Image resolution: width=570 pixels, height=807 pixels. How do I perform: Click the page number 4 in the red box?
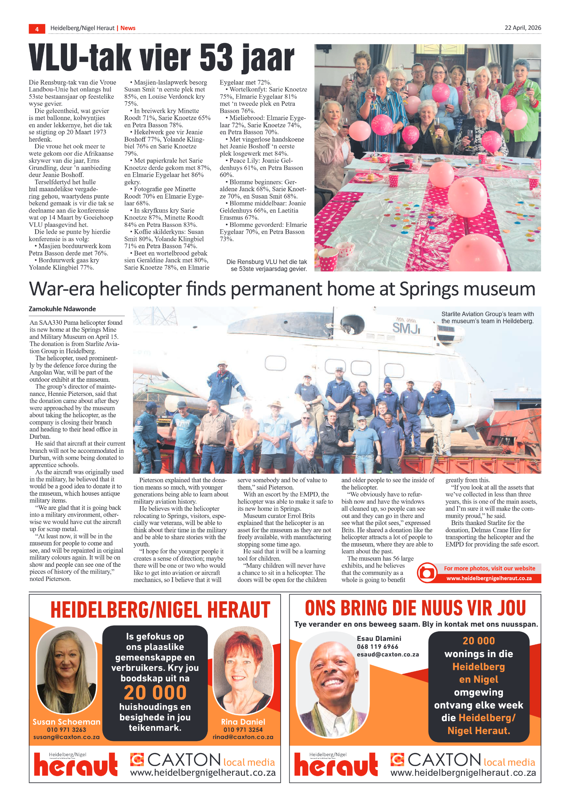(x=37, y=29)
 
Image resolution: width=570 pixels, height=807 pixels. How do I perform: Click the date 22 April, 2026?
(x=522, y=28)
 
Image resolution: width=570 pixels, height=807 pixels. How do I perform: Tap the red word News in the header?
(x=128, y=28)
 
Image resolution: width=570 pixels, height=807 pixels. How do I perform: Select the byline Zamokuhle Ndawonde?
(x=62, y=309)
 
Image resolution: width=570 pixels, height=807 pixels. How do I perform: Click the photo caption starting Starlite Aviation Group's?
(x=487, y=318)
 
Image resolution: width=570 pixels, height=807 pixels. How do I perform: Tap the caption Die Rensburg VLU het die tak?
(x=267, y=265)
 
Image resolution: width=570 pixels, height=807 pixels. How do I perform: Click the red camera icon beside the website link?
(x=427, y=573)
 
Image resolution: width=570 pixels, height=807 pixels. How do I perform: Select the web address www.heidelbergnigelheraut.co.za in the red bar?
(x=489, y=578)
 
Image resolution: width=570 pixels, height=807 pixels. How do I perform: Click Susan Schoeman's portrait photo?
(x=67, y=670)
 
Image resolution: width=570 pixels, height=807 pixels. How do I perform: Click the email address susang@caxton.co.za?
(x=66, y=737)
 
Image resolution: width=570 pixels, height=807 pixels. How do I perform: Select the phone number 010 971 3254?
(x=243, y=730)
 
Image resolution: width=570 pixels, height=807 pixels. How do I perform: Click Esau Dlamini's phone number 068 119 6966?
(x=377, y=647)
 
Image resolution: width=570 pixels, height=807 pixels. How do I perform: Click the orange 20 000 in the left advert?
(x=155, y=693)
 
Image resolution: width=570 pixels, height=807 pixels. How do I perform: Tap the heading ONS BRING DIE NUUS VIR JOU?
(x=415, y=609)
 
